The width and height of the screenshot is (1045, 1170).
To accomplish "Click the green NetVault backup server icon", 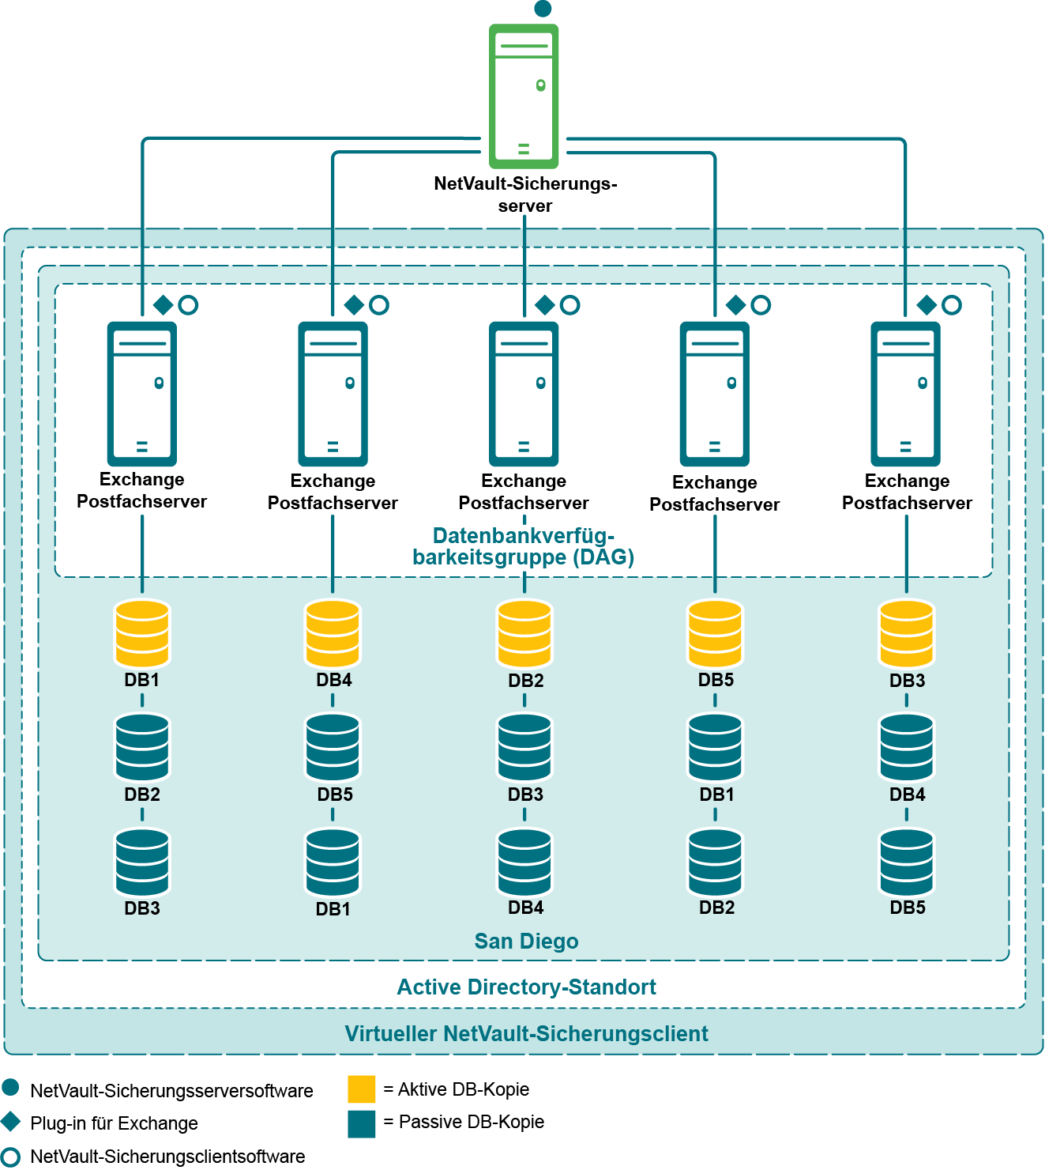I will pyautogui.click(x=524, y=96).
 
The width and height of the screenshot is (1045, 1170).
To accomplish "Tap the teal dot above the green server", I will pyautogui.click(x=543, y=9).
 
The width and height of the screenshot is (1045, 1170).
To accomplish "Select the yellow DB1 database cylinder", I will pyautogui.click(x=142, y=633).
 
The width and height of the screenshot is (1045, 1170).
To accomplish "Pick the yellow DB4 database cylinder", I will pyautogui.click(x=333, y=633).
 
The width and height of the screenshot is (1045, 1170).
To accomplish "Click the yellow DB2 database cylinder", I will pyautogui.click(x=524, y=633).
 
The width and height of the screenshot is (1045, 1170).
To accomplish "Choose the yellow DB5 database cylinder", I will pyautogui.click(x=715, y=633).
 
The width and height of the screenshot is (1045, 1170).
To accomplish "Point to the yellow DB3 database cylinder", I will pyautogui.click(x=907, y=633).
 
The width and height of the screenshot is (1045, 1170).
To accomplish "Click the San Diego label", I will pyautogui.click(x=526, y=942).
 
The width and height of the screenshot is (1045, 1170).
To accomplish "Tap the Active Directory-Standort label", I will pyautogui.click(x=526, y=987).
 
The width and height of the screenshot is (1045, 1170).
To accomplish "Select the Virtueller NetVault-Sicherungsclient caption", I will pyautogui.click(x=526, y=1034).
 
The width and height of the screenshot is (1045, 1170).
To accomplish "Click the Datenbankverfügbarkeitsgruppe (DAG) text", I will pyautogui.click(x=523, y=546).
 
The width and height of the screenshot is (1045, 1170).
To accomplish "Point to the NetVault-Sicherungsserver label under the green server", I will pyautogui.click(x=525, y=194).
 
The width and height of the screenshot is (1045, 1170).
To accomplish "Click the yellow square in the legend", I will pyautogui.click(x=362, y=1089).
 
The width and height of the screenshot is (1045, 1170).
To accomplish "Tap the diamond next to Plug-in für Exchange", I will pyautogui.click(x=11, y=1121).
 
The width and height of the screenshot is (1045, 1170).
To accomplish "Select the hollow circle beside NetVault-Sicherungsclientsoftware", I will pyautogui.click(x=11, y=1157).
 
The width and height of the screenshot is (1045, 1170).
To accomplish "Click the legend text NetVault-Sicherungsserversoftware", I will pyautogui.click(x=171, y=1091).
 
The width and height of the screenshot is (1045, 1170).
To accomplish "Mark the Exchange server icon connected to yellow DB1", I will pyautogui.click(x=142, y=393).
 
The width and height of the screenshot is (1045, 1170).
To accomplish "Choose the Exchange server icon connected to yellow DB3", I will pyautogui.click(x=906, y=393).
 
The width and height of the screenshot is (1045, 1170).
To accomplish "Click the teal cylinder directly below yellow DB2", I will pyautogui.click(x=524, y=747).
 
